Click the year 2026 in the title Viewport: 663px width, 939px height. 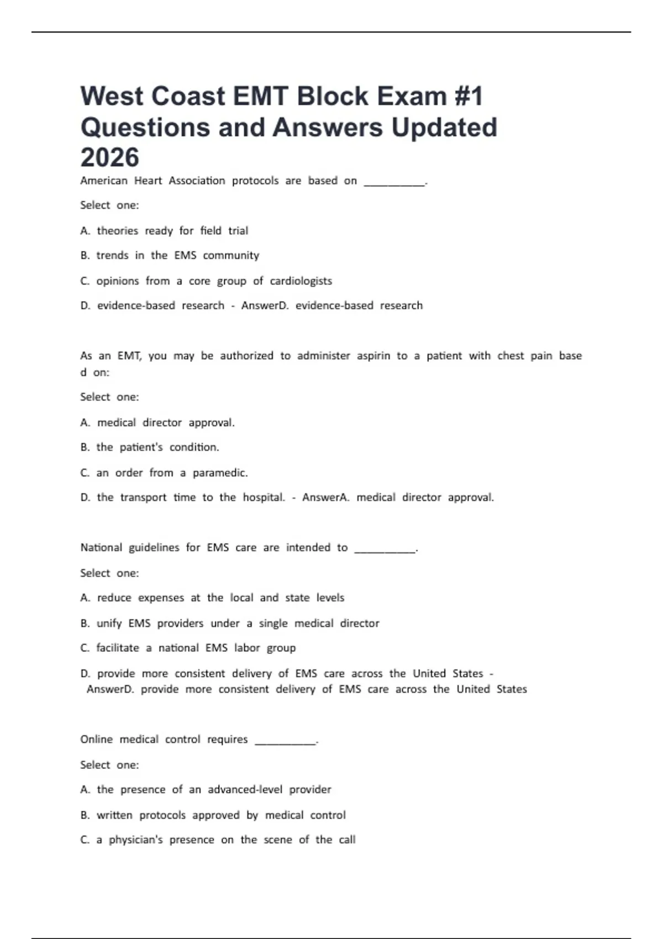coord(109,157)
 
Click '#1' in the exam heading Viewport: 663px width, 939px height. coord(469,96)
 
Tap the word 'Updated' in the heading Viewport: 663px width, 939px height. coord(444,127)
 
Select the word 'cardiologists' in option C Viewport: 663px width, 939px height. coord(301,281)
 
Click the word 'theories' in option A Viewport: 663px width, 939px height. coord(118,231)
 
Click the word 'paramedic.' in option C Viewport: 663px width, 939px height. coord(220,473)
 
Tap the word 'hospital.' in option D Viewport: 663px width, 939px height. coord(264,498)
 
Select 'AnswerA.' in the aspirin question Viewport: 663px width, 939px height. coord(326,498)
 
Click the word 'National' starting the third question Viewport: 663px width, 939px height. coord(102,548)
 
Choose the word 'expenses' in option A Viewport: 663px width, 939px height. coord(161,598)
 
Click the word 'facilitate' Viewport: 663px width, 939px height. coord(118,648)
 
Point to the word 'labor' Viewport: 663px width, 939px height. coord(247,648)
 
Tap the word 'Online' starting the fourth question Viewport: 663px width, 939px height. coord(97,740)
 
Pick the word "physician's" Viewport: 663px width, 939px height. coord(136,840)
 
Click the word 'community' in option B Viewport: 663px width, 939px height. coord(231,256)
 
